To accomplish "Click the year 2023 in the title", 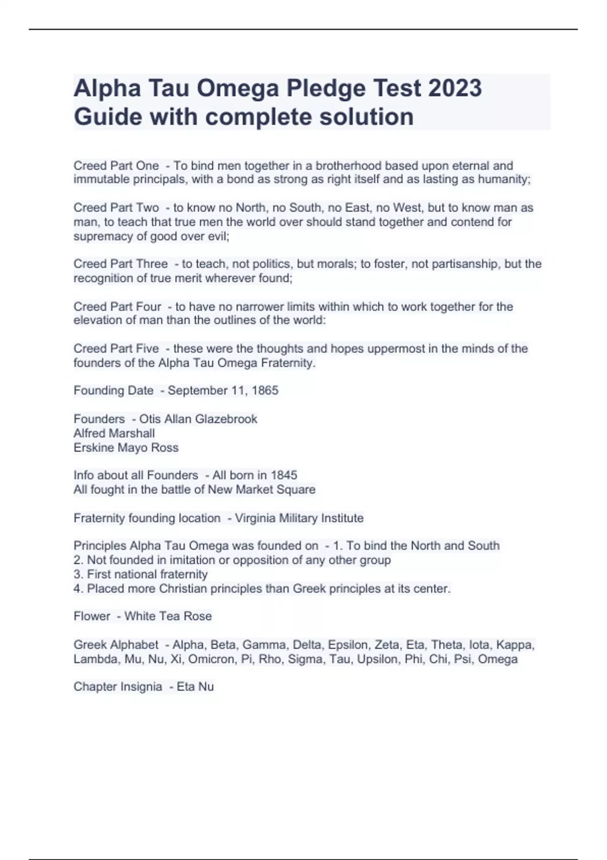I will coord(455,88).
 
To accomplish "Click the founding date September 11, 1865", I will coord(223,391).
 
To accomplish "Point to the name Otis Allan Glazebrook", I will coord(198,419).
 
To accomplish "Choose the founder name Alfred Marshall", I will coord(114,433).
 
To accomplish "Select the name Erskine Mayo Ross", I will coord(126,448).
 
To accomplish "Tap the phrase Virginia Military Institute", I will coord(299,518).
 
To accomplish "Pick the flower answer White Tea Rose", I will coord(168,616).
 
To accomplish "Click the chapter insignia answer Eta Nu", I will coord(195,686).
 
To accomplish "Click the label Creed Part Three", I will coord(120,264).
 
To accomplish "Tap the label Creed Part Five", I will coord(116,349).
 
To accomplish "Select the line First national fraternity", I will coord(147,574).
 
